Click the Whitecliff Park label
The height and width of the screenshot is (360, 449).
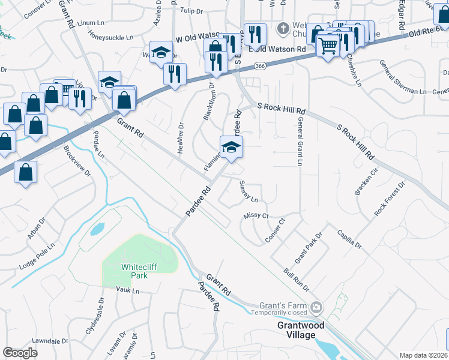[x=139, y=271]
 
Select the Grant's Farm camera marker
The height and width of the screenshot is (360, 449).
[x=316, y=308]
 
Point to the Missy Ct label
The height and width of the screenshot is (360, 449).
[x=256, y=215]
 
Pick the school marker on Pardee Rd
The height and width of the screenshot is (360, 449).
[x=231, y=146]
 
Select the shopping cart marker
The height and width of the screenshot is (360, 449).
[x=328, y=44]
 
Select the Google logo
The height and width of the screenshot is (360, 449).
[x=20, y=353]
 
